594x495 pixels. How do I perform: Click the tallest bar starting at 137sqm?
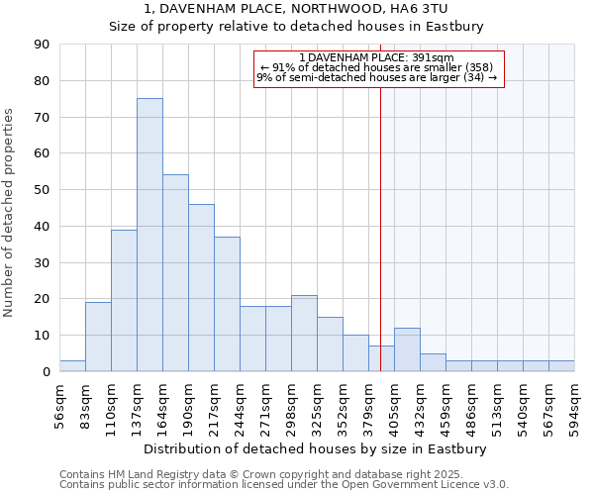coord(149,235)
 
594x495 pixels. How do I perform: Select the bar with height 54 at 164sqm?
coord(175,273)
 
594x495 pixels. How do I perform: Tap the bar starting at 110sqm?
coord(124,300)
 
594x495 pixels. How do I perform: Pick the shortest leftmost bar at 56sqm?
coord(72,366)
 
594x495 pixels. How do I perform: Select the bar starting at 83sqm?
coord(98,337)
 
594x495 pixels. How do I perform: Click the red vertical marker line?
coord(380,247)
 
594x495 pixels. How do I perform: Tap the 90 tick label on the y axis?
coord(42,45)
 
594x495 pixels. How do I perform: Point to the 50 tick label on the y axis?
coord(42,190)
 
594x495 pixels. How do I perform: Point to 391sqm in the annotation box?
coord(434,57)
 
